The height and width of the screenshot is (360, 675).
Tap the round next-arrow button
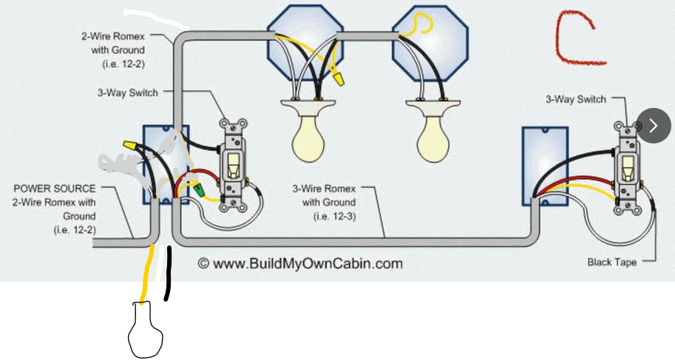click(654, 126)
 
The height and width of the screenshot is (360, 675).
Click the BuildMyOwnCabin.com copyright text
click(300, 264)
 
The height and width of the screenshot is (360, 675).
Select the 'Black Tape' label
click(611, 262)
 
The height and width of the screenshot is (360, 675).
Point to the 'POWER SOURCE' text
click(55, 189)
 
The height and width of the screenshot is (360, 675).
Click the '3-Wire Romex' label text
click(324, 189)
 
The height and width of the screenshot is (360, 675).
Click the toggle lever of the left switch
click(234, 166)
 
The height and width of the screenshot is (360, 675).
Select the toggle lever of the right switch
click(628, 168)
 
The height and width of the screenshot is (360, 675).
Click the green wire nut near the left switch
click(198, 189)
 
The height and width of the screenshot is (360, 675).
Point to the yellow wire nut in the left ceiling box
click(339, 79)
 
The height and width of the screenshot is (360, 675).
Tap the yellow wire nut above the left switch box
click(129, 146)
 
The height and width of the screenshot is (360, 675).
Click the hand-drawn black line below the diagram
click(168, 274)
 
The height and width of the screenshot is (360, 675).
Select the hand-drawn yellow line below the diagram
click(146, 275)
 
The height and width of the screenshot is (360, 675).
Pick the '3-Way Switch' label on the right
click(575, 100)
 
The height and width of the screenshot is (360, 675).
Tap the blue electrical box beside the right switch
click(545, 166)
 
